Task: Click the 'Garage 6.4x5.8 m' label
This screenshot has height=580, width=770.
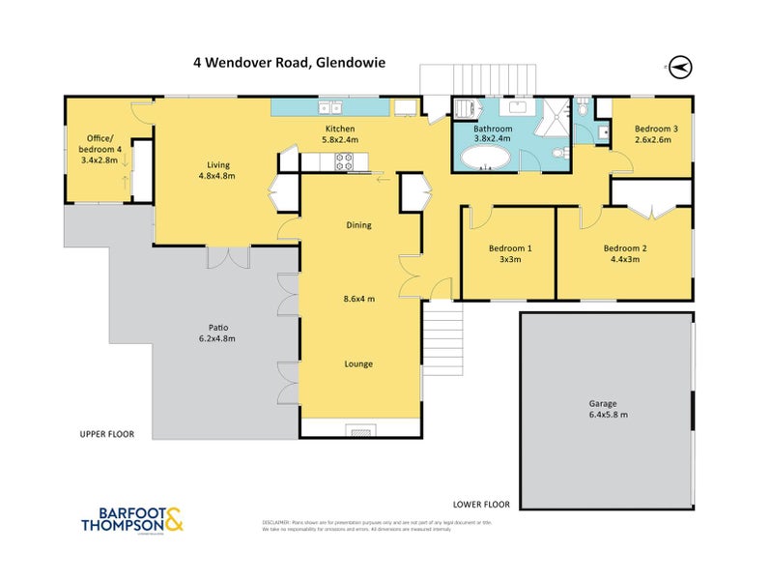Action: (610, 409)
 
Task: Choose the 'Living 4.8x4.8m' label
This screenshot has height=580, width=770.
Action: (216, 170)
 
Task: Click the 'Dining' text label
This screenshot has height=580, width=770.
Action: (359, 225)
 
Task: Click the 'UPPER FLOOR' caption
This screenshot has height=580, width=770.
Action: (106, 434)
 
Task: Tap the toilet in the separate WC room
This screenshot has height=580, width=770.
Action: (584, 109)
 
